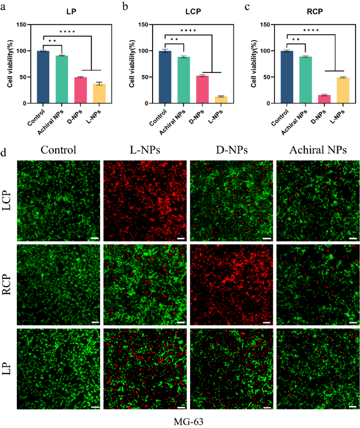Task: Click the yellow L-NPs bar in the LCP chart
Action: pos(222,100)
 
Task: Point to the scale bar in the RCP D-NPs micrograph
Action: pos(267,322)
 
